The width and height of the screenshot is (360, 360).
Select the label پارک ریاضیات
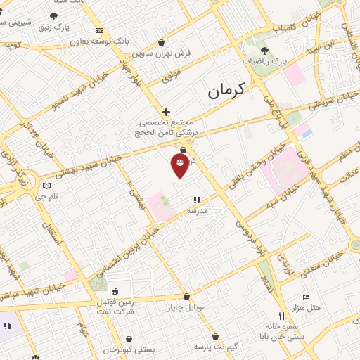pos(266,62)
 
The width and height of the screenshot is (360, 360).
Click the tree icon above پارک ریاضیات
pos(264,50)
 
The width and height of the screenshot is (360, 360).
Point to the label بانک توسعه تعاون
pos(100,41)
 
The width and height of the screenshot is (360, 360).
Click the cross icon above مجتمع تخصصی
pos(166,111)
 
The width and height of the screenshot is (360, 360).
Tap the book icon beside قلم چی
pos(46,186)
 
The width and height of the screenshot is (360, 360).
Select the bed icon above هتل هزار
pos(304,297)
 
